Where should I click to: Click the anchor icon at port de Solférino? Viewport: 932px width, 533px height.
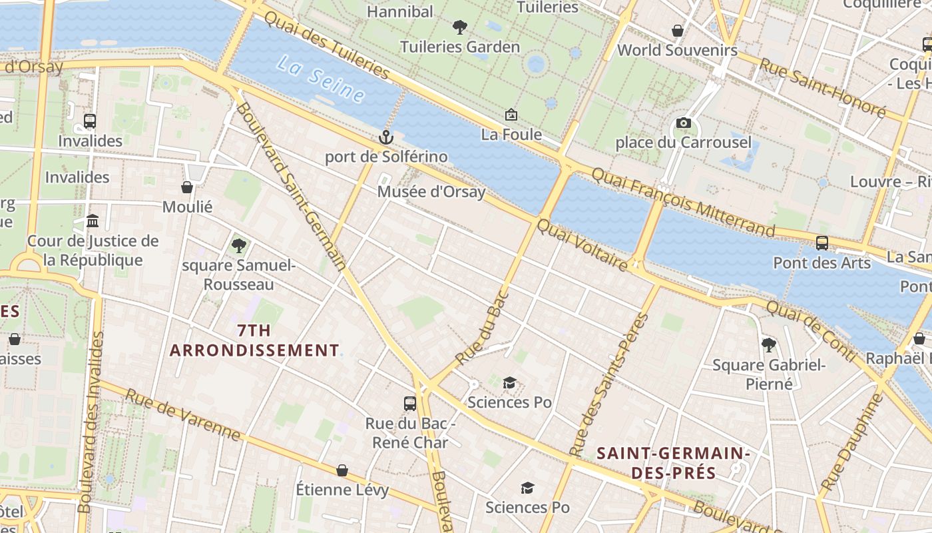[385, 137]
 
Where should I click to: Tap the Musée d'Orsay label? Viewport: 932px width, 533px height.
[431, 192]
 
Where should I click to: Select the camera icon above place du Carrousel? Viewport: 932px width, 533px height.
[683, 123]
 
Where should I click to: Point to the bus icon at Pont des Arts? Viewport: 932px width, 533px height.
[822, 243]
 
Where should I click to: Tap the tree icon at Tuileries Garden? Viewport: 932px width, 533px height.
[459, 27]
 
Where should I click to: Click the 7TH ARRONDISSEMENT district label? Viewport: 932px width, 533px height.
[254, 340]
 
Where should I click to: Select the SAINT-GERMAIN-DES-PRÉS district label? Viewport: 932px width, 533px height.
[673, 463]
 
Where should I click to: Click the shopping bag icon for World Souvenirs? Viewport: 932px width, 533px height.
[677, 31]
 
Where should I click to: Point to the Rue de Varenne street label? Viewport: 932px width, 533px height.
[182, 415]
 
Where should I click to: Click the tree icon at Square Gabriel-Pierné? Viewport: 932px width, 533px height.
[769, 344]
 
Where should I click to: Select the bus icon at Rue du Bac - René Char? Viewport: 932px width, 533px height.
[410, 403]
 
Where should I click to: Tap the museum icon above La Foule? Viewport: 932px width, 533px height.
[511, 115]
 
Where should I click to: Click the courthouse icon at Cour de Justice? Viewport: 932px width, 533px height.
[93, 221]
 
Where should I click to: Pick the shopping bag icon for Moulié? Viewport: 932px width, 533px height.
[187, 187]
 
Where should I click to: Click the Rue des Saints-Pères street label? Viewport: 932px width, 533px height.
[609, 384]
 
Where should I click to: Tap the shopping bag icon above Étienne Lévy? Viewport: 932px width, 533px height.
[342, 470]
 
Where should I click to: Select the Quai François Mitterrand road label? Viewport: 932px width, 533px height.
[683, 202]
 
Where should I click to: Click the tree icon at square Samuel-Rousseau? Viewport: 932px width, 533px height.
[238, 246]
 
